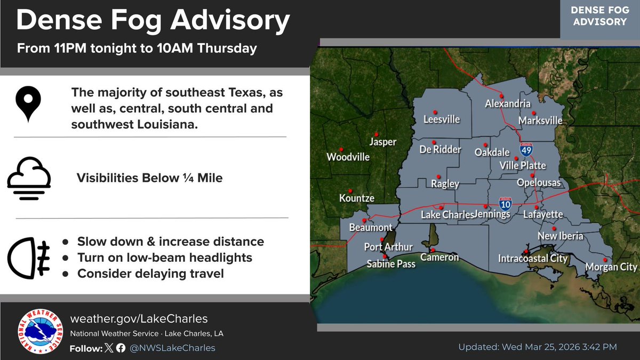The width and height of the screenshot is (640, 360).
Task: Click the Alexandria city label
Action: pos(508,104)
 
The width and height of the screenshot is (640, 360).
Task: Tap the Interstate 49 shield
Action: pos(526,150)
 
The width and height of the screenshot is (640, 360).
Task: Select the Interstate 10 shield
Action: pos(505,203)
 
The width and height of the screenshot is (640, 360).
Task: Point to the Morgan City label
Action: pos(611,267)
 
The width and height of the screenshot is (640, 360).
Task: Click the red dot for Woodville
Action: pos(341,149)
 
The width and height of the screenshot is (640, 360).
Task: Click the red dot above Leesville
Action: pos(435,112)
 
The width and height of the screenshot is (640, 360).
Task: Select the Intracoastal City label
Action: pos(532,259)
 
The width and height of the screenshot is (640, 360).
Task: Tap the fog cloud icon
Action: pos(29,178)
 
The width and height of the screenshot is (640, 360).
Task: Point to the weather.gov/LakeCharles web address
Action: pos(139,319)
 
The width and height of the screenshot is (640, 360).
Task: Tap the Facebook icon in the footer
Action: pos(121,348)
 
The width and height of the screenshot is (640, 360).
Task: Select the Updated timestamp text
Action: pos(538,347)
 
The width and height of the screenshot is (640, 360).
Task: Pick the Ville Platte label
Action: pos(523,166)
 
